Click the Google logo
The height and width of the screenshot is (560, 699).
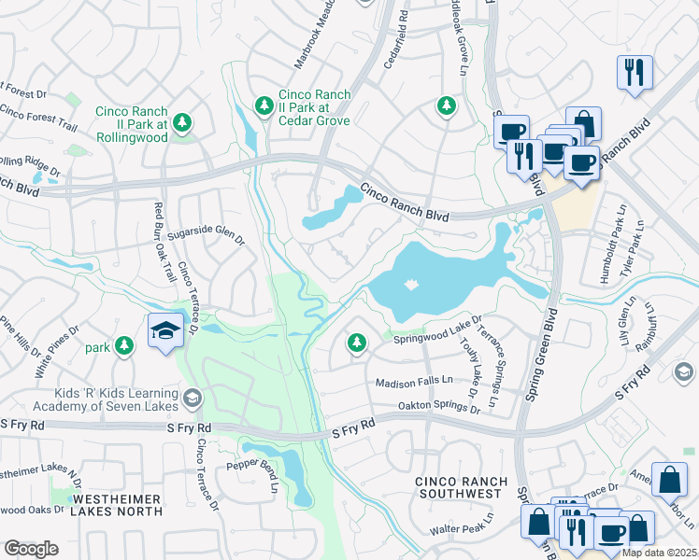(x=31, y=548)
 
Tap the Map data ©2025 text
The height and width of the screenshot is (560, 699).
(x=659, y=553)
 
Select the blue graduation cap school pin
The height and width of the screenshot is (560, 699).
(x=164, y=330)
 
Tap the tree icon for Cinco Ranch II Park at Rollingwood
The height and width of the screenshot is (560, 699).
(x=182, y=123)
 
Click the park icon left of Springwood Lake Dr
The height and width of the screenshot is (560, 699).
(x=356, y=343)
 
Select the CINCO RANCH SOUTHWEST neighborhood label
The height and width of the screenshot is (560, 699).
(x=462, y=487)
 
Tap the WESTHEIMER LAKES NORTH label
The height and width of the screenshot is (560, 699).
(x=118, y=505)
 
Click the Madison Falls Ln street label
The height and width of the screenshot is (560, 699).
(x=414, y=383)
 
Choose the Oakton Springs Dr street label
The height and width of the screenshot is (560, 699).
(x=440, y=408)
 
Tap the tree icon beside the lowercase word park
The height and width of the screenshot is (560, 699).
(x=124, y=346)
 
